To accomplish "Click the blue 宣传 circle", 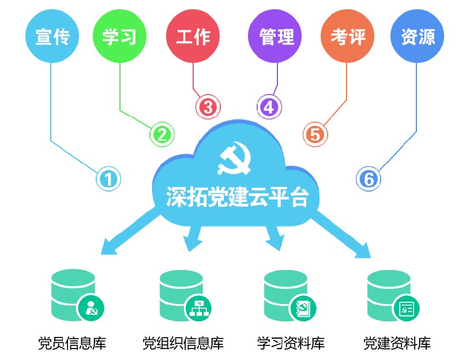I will coord(52,36).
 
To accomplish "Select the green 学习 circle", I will coord(119,36).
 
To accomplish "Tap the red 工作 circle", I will coord(193,36).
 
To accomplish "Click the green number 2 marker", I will coord(161,134).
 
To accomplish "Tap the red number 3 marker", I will coord(208,106).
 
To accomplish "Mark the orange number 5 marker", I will coord(315,134).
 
